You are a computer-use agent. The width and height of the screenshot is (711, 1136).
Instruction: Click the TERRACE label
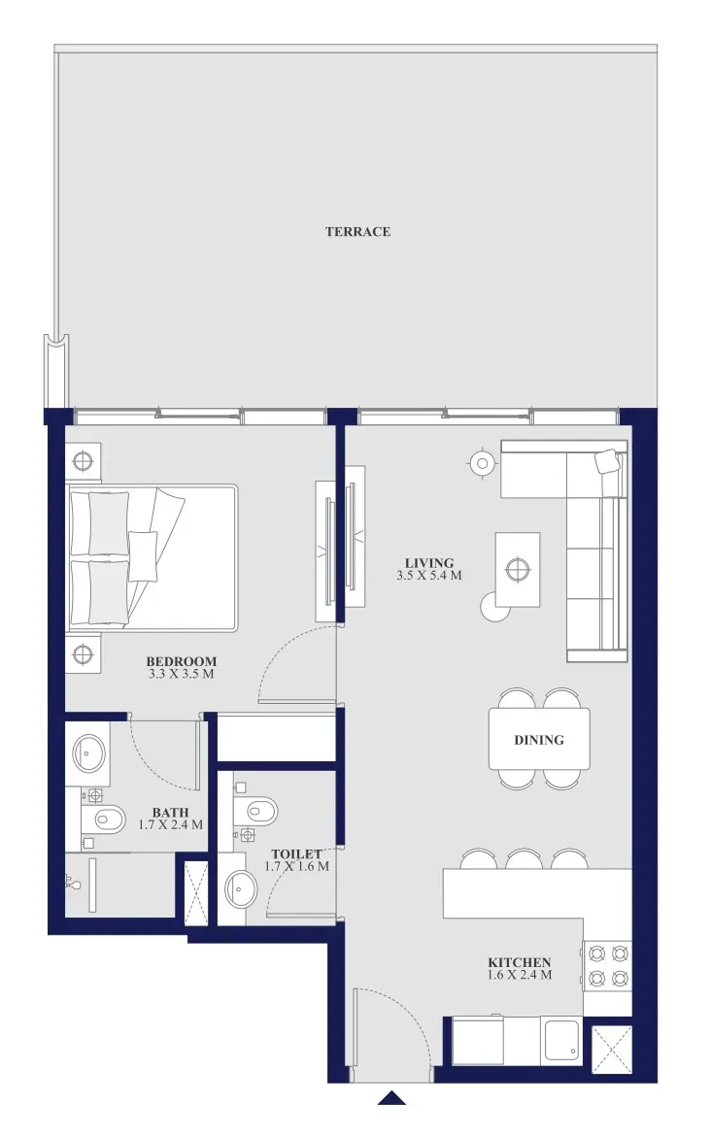tap(357, 232)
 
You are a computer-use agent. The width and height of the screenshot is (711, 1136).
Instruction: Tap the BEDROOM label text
tap(182, 661)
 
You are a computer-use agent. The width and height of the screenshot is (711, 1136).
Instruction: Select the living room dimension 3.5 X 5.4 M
tap(429, 576)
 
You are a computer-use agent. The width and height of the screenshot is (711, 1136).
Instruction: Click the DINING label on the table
tap(538, 740)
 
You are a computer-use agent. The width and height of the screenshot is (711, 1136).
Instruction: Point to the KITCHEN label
tap(519, 962)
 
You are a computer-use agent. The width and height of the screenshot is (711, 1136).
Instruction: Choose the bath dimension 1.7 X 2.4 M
tap(170, 824)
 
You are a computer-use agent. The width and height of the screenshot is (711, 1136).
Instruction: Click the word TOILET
tap(296, 854)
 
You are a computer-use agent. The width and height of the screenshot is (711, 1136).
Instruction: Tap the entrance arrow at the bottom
tap(391, 1097)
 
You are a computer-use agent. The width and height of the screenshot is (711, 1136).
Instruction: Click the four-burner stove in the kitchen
tap(607, 966)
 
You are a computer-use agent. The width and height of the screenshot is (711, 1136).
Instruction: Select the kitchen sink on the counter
tap(561, 1041)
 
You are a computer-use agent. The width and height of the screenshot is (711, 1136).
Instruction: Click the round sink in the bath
tap(89, 754)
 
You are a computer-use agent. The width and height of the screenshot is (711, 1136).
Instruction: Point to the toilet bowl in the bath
tap(103, 820)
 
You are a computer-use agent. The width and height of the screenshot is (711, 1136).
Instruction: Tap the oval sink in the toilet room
tap(241, 888)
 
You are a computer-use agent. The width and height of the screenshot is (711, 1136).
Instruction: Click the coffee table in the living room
tap(518, 569)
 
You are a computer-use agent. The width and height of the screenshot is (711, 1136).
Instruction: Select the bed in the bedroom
tap(152, 558)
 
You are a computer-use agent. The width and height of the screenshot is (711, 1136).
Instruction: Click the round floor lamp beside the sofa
tap(482, 463)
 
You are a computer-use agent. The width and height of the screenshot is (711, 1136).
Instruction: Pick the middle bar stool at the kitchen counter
tap(524, 859)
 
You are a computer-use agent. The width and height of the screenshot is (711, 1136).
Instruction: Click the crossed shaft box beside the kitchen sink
tap(612, 1049)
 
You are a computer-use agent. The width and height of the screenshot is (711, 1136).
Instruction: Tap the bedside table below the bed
tap(84, 654)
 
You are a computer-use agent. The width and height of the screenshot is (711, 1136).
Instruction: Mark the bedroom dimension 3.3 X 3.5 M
tap(182, 674)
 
